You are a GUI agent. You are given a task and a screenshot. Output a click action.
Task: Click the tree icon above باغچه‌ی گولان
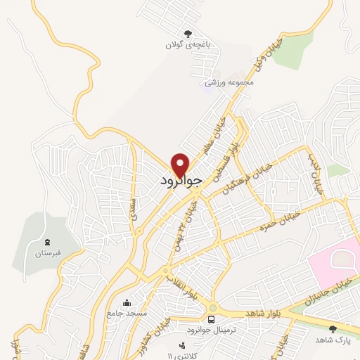point(188,33)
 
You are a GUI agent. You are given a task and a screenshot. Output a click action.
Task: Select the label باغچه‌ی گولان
point(188,45)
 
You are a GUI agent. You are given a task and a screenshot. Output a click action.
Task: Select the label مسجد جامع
point(126,311)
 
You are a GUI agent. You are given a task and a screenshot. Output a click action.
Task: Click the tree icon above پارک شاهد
point(333,328)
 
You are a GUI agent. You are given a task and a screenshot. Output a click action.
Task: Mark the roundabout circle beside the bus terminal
point(212,308)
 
